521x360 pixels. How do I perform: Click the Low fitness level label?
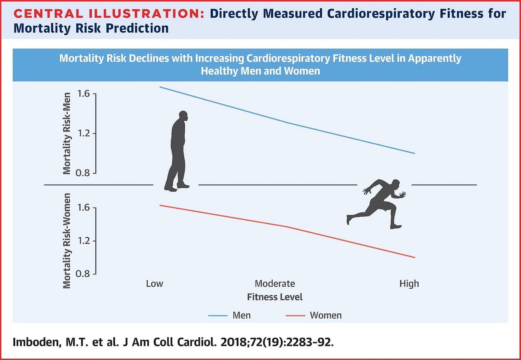coord(154,284)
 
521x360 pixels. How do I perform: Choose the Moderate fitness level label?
coord(275,284)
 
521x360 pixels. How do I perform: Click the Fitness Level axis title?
coord(275,297)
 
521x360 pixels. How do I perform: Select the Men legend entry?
coord(229,316)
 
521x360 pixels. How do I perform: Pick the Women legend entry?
coord(313,316)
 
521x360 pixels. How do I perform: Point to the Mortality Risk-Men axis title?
coord(67,133)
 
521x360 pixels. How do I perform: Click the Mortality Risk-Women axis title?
coord(67,241)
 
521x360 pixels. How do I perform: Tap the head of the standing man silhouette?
coord(183,116)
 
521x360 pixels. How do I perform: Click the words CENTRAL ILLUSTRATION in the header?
coord(109,13)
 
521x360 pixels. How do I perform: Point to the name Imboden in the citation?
coord(37,342)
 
